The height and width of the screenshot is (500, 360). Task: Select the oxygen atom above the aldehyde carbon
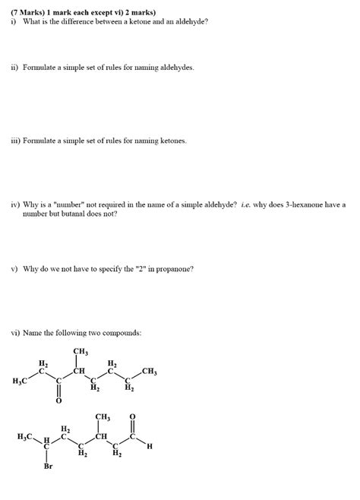[134, 416]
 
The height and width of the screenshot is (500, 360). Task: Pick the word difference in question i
[82, 21]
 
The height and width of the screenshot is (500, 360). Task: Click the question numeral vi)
[14, 333]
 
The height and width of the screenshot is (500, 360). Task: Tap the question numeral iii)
[14, 141]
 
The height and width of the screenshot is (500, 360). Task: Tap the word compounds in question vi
[124, 333]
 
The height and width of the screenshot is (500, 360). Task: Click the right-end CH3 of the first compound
[149, 372]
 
